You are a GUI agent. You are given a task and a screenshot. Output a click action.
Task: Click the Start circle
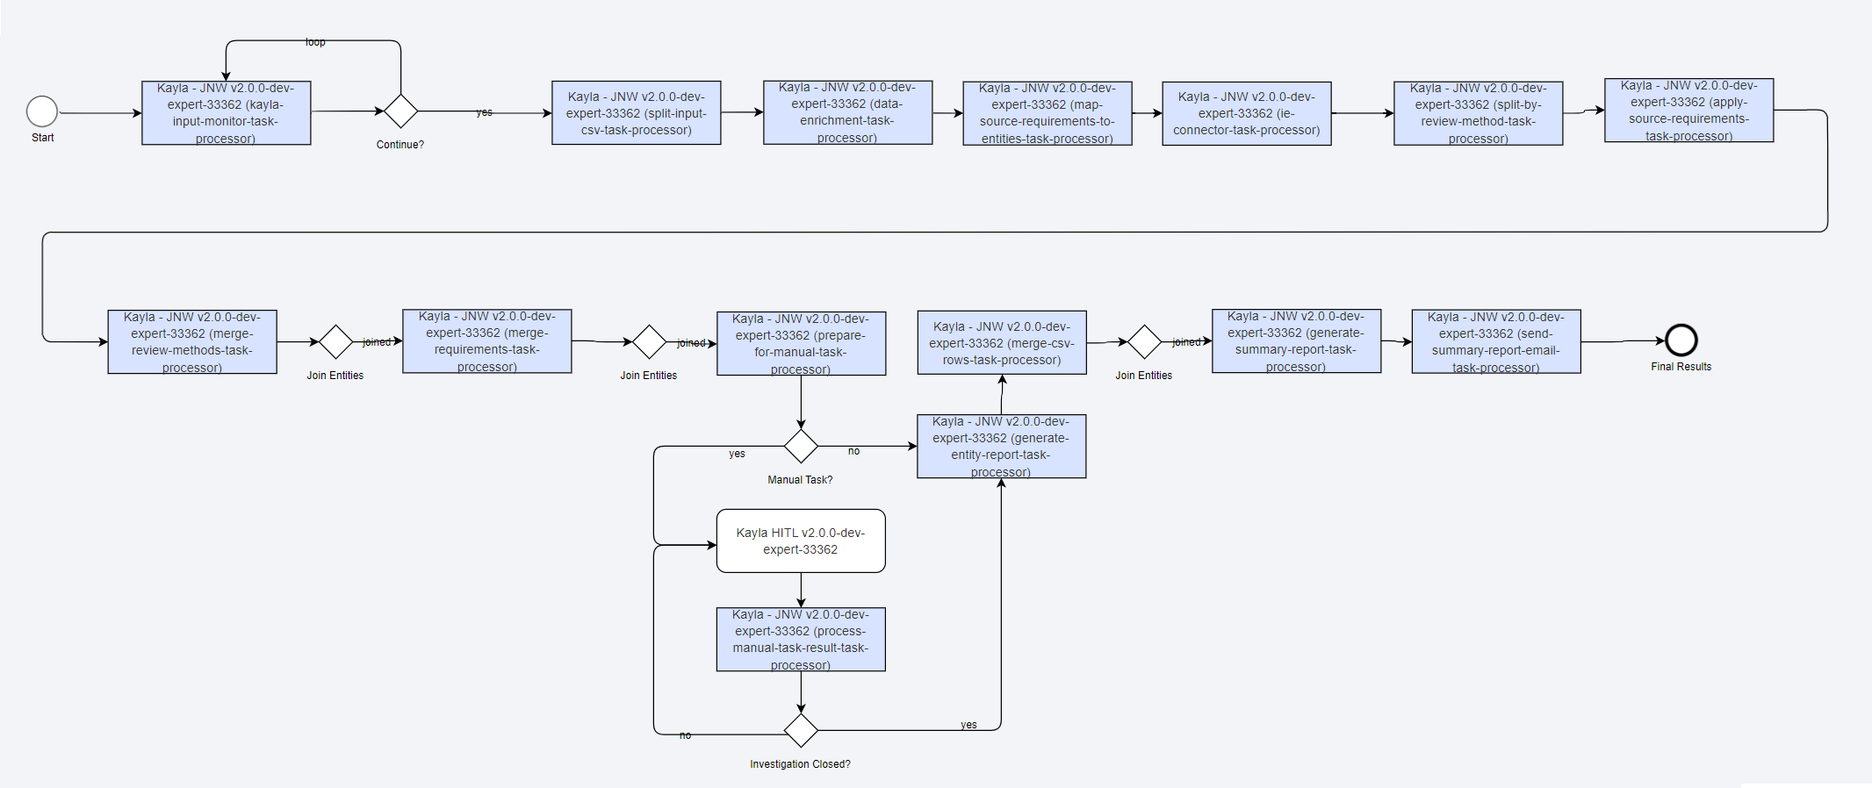[x=42, y=112]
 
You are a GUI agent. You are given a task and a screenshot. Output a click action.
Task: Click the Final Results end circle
[x=1681, y=340]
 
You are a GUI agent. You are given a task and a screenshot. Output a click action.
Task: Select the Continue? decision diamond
[x=400, y=111]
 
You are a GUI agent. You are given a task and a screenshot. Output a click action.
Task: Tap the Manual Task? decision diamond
[x=801, y=446]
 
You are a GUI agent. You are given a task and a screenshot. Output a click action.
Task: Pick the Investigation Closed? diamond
[x=801, y=730]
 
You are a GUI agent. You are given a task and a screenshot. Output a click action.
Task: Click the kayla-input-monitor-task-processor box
[x=227, y=113]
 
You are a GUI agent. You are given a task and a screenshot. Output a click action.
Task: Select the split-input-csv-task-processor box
[x=637, y=113]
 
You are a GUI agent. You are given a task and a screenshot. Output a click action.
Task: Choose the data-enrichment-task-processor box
[x=848, y=112]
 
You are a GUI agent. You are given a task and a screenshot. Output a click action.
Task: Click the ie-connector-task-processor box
[x=1247, y=113]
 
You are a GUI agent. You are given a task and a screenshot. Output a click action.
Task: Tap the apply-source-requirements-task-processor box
[x=1689, y=111]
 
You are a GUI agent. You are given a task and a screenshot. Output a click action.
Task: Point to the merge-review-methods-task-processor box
[x=192, y=342]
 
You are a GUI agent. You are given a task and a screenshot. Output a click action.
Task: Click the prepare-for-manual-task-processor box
[x=802, y=344]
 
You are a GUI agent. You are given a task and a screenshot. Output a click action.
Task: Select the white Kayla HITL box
[x=801, y=541]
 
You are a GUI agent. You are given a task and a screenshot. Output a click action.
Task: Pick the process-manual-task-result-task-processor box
[x=801, y=640]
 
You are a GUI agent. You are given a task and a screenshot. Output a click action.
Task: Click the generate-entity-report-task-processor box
[x=1002, y=447]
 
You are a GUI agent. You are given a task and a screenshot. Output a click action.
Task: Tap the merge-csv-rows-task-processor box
[x=1002, y=342]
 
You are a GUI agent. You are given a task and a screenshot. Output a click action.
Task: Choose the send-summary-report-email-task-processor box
[x=1496, y=341]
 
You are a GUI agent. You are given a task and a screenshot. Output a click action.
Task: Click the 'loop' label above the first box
[x=315, y=42]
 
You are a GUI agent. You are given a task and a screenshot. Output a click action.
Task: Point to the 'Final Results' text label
[x=1681, y=367]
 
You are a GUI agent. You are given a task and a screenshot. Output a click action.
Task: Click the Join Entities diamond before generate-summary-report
[x=1144, y=342]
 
